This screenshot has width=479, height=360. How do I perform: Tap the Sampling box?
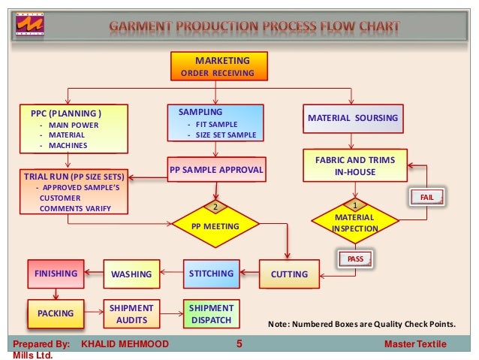tap(215, 124)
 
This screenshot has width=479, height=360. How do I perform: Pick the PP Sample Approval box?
tap(216, 170)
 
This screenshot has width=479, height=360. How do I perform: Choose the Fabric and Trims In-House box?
tap(354, 166)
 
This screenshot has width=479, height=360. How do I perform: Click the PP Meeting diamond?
tap(215, 225)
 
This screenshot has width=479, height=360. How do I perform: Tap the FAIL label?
tap(427, 197)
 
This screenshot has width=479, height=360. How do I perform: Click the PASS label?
tap(355, 259)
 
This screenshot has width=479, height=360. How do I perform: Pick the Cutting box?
tap(289, 274)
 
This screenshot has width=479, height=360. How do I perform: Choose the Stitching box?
tap(211, 274)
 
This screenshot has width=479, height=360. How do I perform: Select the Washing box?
tap(131, 274)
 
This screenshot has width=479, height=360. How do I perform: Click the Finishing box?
tap(56, 274)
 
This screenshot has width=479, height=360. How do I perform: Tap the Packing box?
tap(56, 313)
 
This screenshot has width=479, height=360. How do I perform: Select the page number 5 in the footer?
tap(239, 344)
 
